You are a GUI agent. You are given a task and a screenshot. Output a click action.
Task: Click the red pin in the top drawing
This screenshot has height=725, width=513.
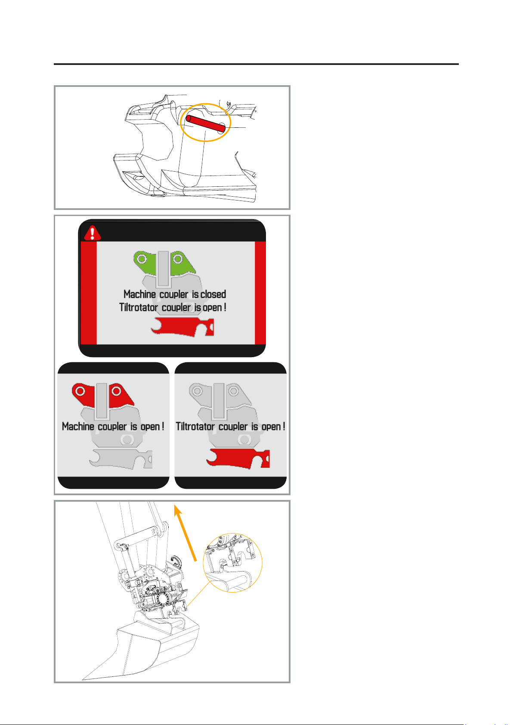tap(206, 123)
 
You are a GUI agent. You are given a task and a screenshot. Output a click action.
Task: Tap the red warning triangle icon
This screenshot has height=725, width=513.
tap(92, 233)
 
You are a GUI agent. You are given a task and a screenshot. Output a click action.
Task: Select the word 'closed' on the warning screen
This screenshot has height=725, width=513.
tap(213, 294)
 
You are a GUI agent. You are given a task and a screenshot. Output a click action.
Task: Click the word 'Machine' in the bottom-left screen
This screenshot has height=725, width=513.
tap(78, 426)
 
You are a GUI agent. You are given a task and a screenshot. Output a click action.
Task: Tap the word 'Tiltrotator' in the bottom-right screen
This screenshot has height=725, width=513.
tap(195, 426)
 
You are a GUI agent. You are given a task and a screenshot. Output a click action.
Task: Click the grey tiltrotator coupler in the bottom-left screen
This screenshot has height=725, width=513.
tap(121, 459)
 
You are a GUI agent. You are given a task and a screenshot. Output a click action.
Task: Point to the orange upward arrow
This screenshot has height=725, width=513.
tap(185, 533)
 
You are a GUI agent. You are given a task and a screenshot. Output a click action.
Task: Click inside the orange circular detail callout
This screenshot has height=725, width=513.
tap(232, 563)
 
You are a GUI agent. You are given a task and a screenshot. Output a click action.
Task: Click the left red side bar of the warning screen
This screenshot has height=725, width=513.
tap(88, 293)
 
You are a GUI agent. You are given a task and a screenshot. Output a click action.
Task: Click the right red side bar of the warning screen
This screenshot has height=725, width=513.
tap(260, 293)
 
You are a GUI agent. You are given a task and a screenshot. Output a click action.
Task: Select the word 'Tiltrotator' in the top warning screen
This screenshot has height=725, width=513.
tap(139, 307)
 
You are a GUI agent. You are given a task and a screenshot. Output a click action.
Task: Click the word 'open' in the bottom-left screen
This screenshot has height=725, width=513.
tap(150, 427)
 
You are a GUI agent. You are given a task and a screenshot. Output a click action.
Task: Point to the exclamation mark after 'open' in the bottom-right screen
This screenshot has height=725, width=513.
tap(284, 426)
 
